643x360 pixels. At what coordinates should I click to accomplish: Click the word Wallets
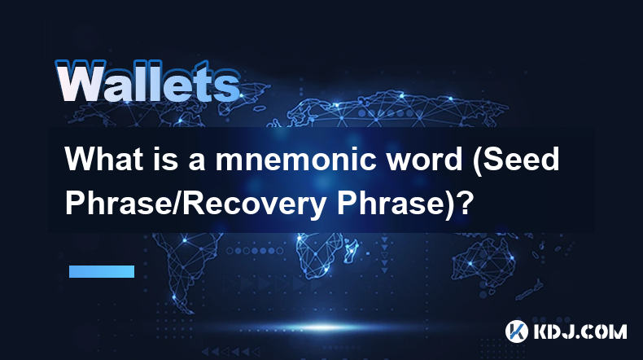(x=147, y=81)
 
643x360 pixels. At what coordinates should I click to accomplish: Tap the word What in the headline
(x=98, y=159)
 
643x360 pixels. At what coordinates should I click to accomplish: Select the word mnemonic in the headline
(x=295, y=160)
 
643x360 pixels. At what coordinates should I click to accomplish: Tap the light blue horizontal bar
(x=102, y=271)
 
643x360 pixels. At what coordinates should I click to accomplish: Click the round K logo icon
(x=517, y=331)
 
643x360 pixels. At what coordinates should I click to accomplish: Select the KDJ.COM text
(x=580, y=331)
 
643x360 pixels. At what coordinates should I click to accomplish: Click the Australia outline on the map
(x=484, y=260)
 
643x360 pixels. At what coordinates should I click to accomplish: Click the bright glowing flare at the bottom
(x=324, y=327)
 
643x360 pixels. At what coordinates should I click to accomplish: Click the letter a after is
(x=197, y=162)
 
